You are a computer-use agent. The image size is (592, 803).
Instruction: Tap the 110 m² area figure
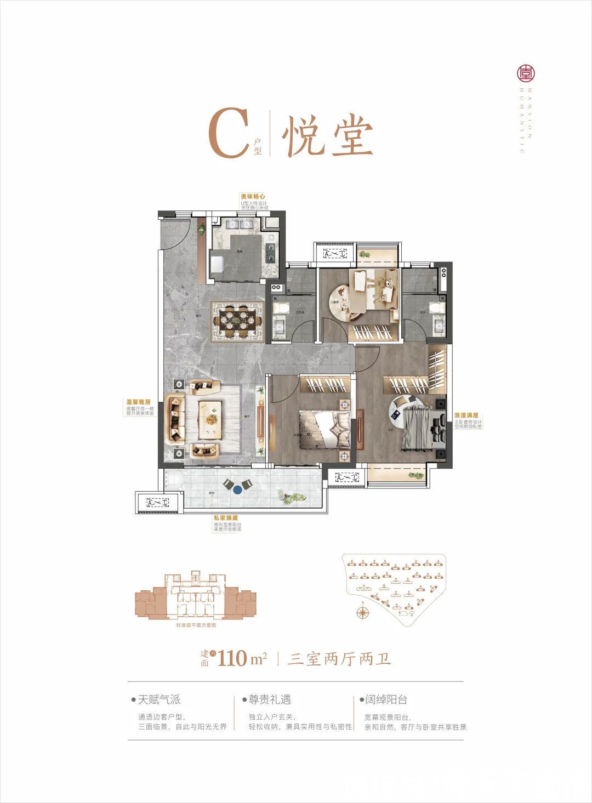pyautogui.click(x=242, y=658)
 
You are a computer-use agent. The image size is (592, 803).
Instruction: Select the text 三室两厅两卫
pyautogui.click(x=340, y=658)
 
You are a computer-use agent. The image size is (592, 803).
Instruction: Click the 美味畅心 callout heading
pyautogui.click(x=253, y=196)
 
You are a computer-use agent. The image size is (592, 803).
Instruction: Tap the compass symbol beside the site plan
pyautogui.click(x=362, y=612)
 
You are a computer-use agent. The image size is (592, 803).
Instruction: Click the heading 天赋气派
pyautogui.click(x=159, y=699)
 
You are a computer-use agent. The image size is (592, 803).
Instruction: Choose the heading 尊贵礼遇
pyautogui.click(x=270, y=699)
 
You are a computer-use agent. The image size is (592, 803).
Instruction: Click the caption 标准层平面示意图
pyautogui.click(x=196, y=625)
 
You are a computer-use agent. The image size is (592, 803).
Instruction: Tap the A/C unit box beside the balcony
pyautogui.click(x=157, y=502)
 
